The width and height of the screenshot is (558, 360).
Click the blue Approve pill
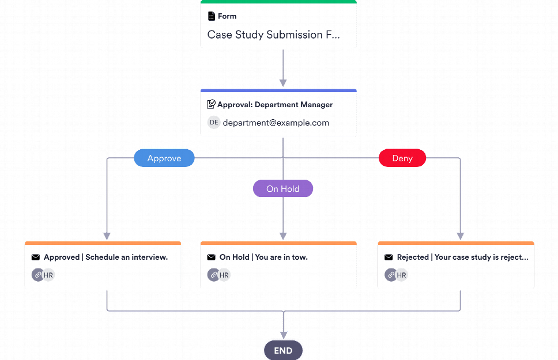[x=164, y=158]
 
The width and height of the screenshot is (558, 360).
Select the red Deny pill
[x=402, y=158]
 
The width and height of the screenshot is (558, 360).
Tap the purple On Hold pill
[x=283, y=189]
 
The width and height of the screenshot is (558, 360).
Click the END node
[x=283, y=350]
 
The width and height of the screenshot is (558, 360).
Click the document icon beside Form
[x=212, y=16]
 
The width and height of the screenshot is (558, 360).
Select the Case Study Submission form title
[x=273, y=35]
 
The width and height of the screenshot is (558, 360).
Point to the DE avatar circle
[x=214, y=122]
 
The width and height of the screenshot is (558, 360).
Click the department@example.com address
[x=276, y=123]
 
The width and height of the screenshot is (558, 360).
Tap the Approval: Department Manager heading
[x=274, y=105]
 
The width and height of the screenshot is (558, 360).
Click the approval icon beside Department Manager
[x=212, y=105]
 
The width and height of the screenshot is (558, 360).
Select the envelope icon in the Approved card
[x=36, y=257]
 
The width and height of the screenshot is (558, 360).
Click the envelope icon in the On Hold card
[x=212, y=257]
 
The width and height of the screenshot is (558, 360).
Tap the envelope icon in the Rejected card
[x=389, y=257]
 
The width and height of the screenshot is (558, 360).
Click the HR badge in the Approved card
[x=48, y=275]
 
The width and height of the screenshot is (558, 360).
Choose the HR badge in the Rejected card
[x=401, y=275]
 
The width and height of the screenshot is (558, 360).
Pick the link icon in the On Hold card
[x=213, y=275]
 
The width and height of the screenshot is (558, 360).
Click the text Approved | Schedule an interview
[x=105, y=257]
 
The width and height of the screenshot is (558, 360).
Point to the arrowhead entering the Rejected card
[x=460, y=236]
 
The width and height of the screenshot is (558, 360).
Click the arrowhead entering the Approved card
[x=107, y=236]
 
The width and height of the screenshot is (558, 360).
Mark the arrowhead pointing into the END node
[x=283, y=334]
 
